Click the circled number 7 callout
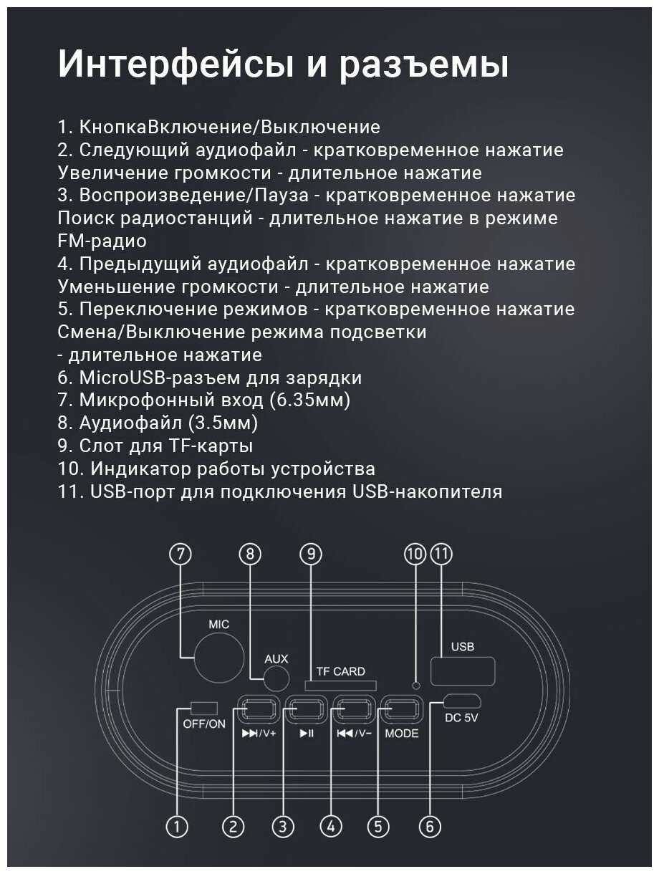(181, 554)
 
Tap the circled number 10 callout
(415, 554)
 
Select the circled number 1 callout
(177, 827)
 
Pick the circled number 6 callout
(430, 827)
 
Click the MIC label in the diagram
(219, 624)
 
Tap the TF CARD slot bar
(341, 686)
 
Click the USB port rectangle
(463, 671)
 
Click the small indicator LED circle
(416, 686)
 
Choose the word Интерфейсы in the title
(175, 64)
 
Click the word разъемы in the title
(423, 64)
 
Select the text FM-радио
(102, 241)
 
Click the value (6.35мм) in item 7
(310, 400)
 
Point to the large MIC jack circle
(219, 657)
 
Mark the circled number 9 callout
(311, 554)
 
